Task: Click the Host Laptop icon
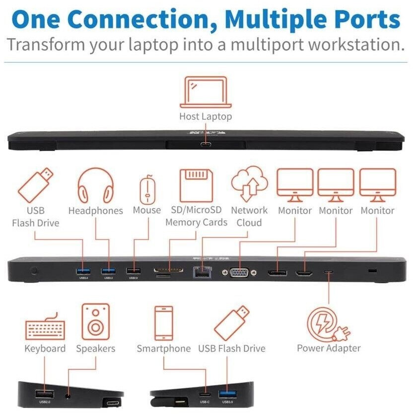206,92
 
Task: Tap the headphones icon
95,185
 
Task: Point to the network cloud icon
249,184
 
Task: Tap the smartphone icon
163,323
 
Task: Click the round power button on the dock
34,271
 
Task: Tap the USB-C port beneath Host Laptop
206,145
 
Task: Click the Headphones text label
95,211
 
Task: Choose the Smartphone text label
163,348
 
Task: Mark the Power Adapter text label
329,348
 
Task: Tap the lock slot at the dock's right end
373,271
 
